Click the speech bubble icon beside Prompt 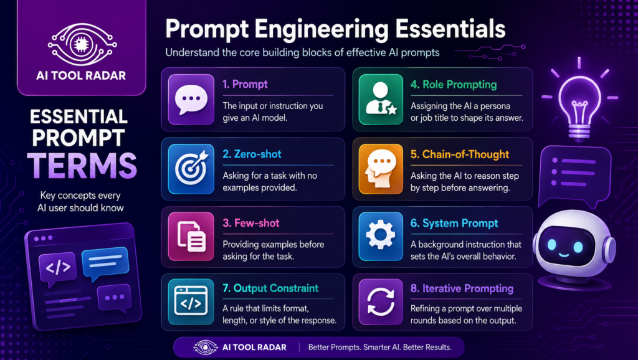(x=191, y=99)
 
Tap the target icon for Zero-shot (x=191, y=169)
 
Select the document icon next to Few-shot (x=191, y=236)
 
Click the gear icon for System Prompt (x=381, y=236)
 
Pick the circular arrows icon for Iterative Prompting (x=381, y=302)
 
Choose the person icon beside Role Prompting (x=381, y=99)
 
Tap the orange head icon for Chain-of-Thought (x=381, y=169)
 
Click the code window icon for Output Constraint (x=191, y=301)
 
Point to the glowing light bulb (x=579, y=100)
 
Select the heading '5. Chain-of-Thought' (x=459, y=154)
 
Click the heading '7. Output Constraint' (x=270, y=288)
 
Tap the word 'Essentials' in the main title (x=450, y=29)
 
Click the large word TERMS (x=82, y=165)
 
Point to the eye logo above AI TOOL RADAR (x=82, y=45)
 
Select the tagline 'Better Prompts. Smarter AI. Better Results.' (x=380, y=348)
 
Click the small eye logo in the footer (x=206, y=348)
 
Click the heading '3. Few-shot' (x=250, y=224)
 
